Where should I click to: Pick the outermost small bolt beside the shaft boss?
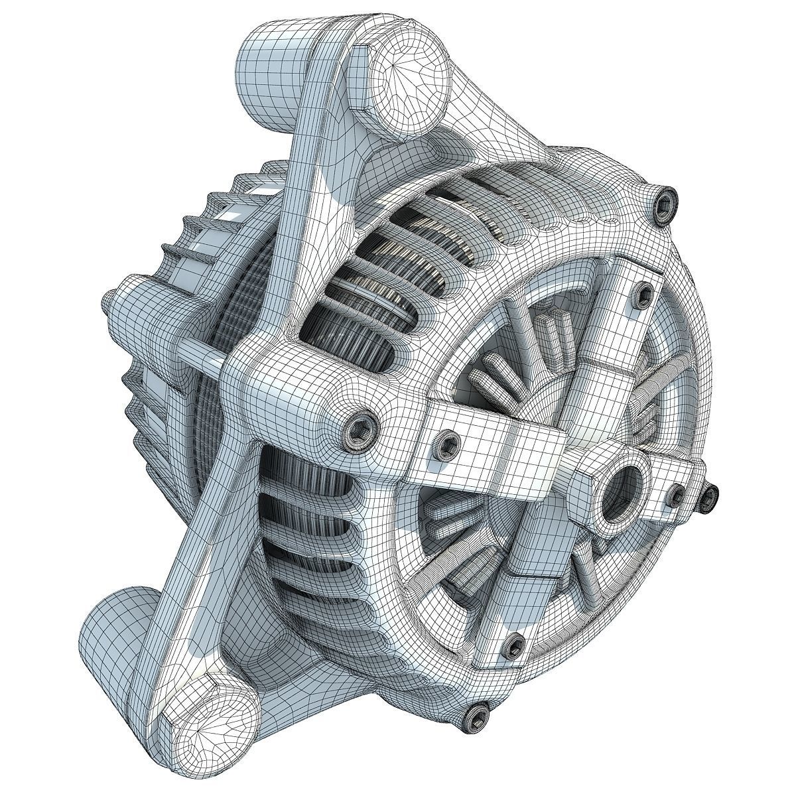click(710, 494)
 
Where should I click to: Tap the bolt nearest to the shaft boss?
click(675, 494)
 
